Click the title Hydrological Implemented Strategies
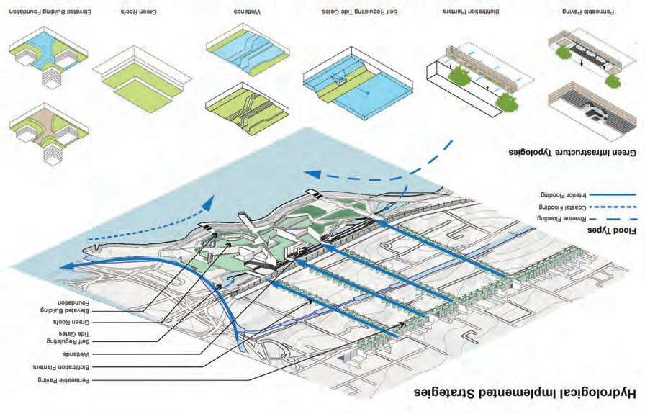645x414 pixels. coord(525,394)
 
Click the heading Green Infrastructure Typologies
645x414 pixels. coord(573,153)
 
